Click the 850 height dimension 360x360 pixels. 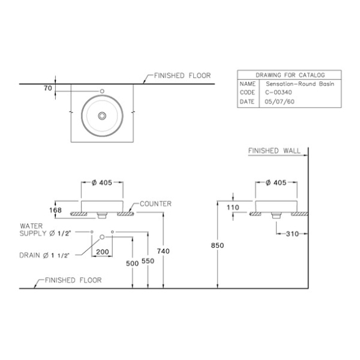point(217,245)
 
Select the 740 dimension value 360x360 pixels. point(163,251)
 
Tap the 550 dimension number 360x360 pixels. point(148,261)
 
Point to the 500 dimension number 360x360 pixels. point(132,263)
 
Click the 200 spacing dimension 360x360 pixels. point(102,252)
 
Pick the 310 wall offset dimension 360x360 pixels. point(293,234)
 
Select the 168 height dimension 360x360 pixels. point(55,210)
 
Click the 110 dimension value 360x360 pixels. point(233,207)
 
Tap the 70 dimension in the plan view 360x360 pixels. point(48,88)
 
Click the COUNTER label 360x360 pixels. point(156,204)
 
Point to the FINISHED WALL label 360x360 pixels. point(274,151)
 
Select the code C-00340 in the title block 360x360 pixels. point(278,92)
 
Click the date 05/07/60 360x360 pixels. point(280,101)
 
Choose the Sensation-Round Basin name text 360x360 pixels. point(300,84)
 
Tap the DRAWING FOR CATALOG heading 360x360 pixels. point(290,75)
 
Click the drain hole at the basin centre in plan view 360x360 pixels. point(102,116)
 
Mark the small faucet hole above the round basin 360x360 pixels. point(102,91)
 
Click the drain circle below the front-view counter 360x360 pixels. point(102,237)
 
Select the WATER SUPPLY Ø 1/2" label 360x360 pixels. point(45,230)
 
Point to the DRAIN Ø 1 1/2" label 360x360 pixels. point(44,255)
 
